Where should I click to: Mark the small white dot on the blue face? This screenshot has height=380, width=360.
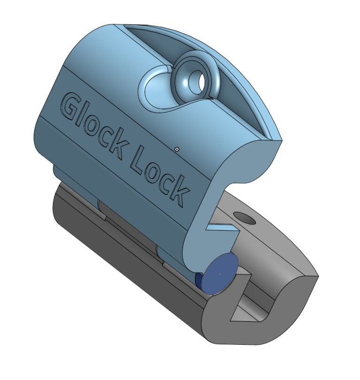point(176,149)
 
